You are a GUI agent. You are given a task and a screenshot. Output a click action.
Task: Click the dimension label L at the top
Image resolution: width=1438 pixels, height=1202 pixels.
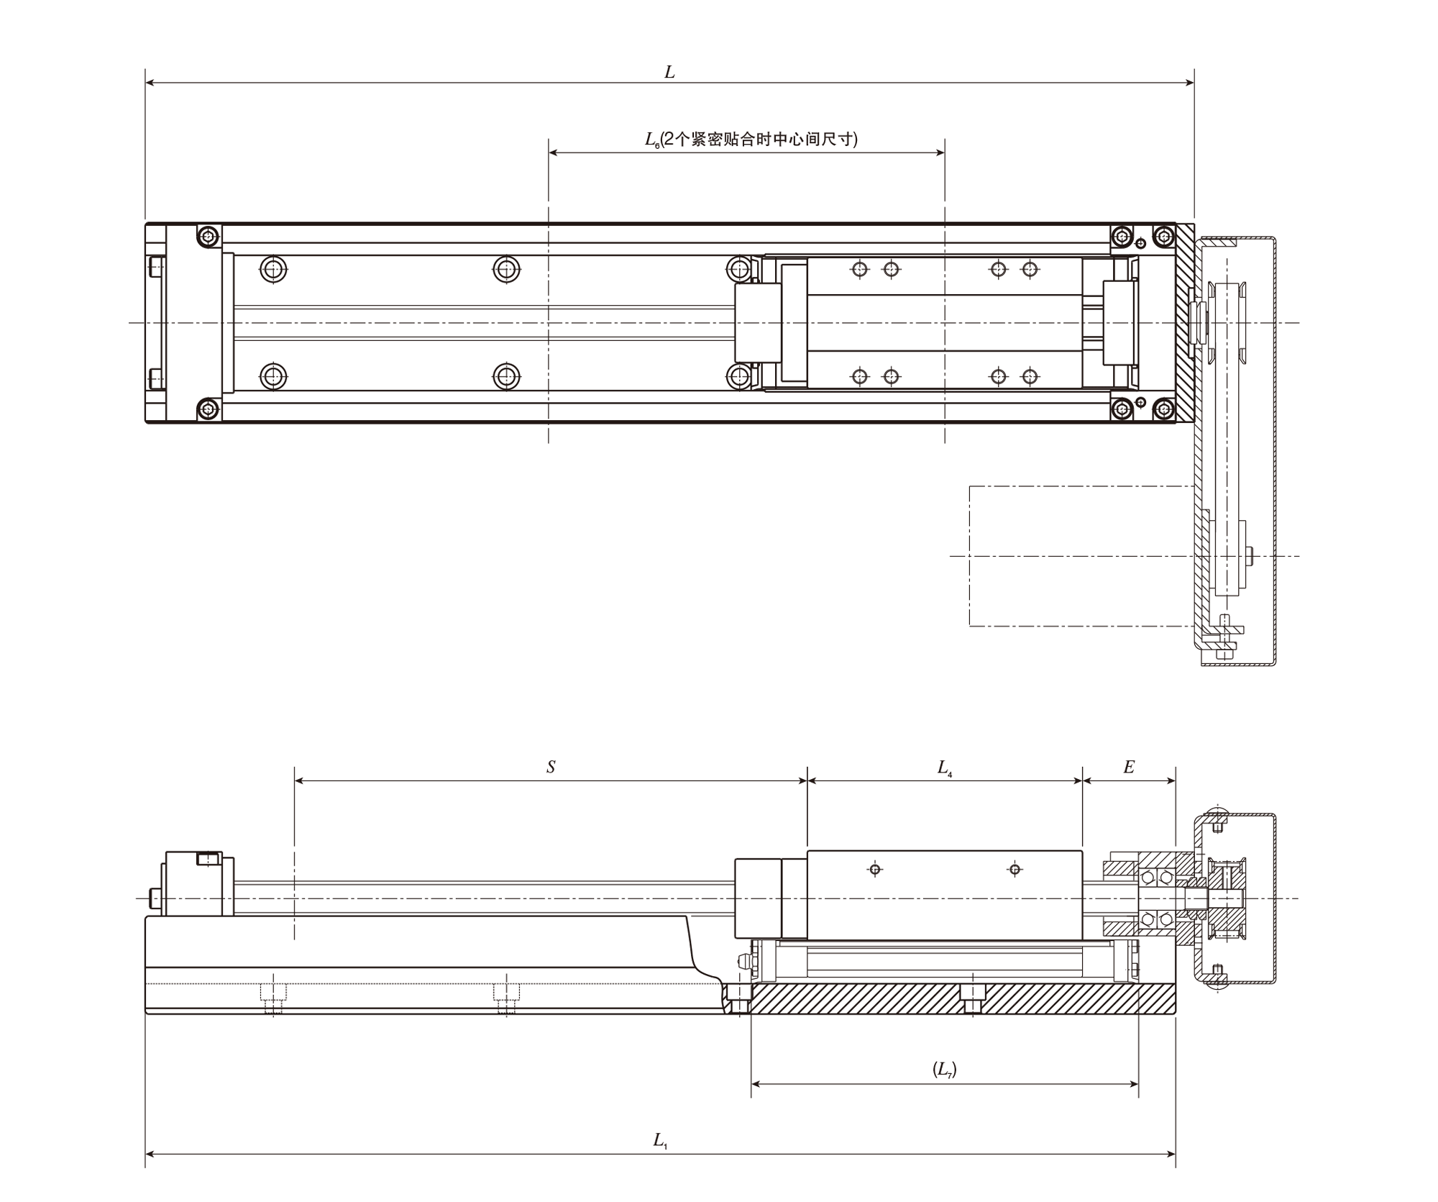click(x=669, y=72)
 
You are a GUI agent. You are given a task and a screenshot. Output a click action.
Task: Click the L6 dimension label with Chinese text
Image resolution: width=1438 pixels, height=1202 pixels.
click(x=751, y=139)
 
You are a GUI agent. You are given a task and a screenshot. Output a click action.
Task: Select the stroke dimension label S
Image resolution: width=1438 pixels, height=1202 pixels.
click(x=551, y=767)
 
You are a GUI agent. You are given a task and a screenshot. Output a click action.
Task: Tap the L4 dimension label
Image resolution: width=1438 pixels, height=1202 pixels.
click(x=945, y=768)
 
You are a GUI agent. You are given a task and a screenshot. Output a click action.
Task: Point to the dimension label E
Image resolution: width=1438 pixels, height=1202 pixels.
click(x=1129, y=767)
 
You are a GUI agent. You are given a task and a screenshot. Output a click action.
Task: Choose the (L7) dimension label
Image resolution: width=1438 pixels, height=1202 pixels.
click(x=945, y=1069)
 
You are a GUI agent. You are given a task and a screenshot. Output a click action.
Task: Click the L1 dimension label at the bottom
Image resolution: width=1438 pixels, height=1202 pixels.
click(x=660, y=1140)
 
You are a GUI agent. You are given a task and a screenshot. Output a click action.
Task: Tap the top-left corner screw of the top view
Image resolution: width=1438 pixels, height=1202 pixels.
click(x=209, y=235)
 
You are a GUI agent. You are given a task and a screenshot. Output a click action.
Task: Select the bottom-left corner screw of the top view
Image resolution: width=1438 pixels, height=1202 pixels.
click(x=209, y=410)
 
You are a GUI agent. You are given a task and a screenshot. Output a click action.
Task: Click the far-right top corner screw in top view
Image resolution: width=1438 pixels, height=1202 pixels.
click(x=1164, y=235)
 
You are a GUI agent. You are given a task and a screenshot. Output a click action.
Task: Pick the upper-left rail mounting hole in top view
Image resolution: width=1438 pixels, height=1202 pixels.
click(x=273, y=269)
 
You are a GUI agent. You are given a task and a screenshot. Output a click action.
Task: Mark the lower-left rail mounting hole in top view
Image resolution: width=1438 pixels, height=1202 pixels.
click(x=273, y=375)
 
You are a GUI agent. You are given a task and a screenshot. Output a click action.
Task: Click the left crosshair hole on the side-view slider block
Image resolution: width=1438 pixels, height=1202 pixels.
click(x=875, y=870)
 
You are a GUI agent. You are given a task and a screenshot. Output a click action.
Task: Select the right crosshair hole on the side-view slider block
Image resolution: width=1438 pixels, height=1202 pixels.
click(x=1015, y=870)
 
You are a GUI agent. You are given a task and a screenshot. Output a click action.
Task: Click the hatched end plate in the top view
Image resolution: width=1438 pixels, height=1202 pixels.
click(x=1185, y=322)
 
